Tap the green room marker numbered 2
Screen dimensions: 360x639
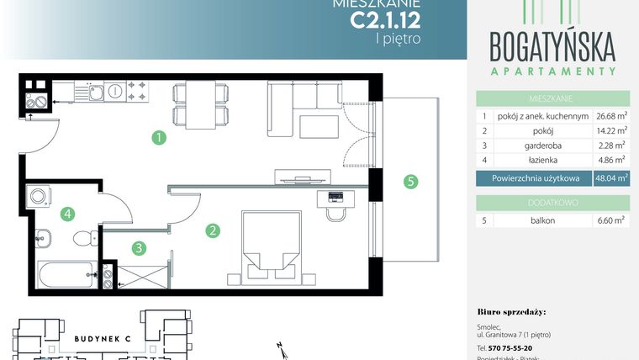pos(214,229)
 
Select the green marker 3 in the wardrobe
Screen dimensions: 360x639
pos(139,247)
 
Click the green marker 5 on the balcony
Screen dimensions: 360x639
pos(409,181)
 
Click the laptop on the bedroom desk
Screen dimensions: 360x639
pos(334,198)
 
